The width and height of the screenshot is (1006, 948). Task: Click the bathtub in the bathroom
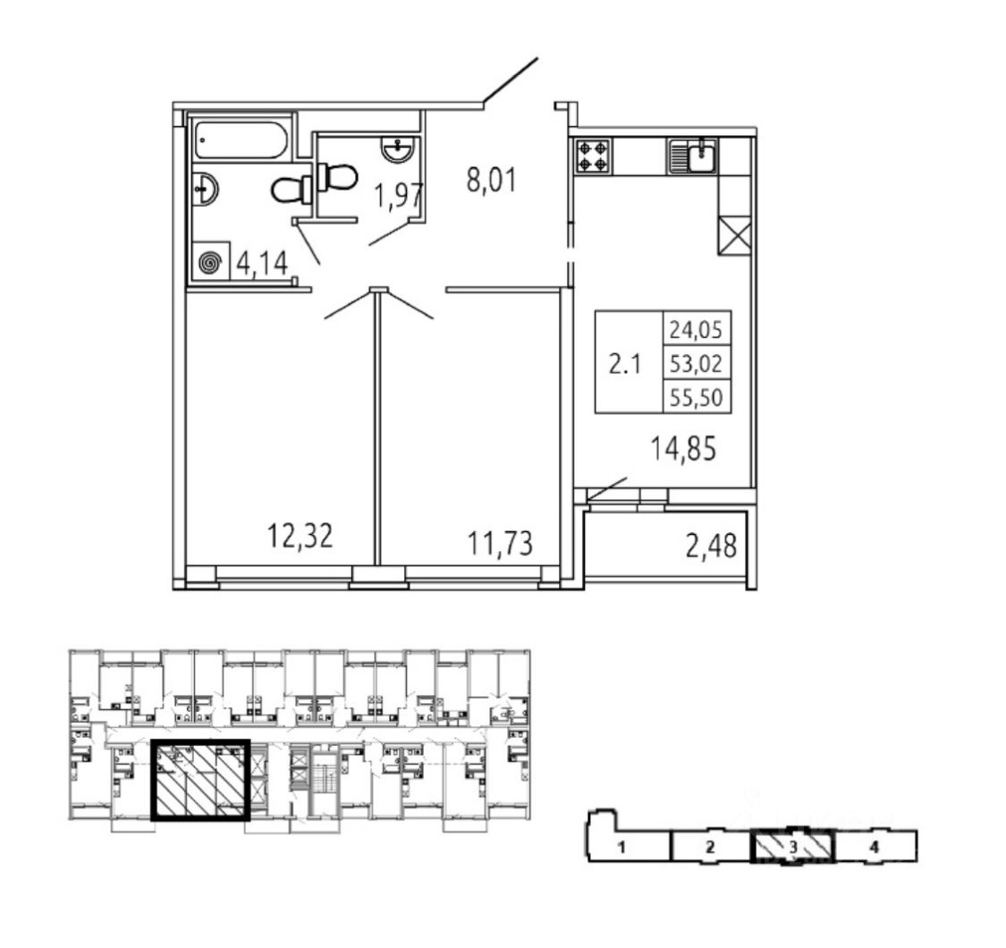[241, 140]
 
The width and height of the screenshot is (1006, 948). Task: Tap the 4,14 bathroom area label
[262, 264]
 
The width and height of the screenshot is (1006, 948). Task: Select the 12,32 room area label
[300, 536]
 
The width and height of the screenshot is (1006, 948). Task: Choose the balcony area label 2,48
[712, 545]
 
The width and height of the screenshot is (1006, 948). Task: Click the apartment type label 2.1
[626, 364]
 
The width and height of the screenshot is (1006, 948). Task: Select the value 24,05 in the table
[696, 330]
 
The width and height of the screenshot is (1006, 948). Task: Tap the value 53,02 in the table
[696, 363]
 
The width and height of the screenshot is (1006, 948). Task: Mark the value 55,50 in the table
[696, 397]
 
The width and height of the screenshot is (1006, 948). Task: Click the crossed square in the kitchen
[735, 236]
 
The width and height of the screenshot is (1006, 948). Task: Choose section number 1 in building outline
[619, 847]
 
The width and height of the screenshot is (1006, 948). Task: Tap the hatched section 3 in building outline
[792, 846]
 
